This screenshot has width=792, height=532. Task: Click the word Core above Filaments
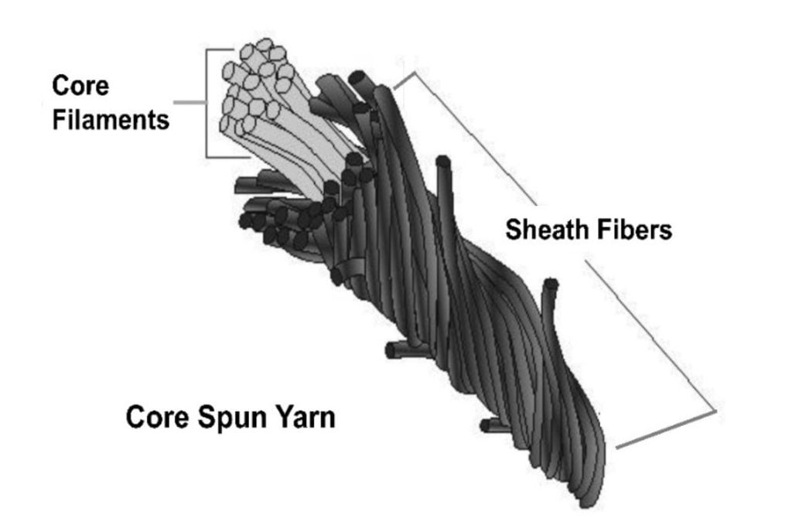[x=80, y=85]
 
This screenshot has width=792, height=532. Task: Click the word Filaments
[x=111, y=120]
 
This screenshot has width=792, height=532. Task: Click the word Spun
[x=230, y=418]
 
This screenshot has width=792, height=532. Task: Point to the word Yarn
[x=305, y=418]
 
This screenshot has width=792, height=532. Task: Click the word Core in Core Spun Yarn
[x=157, y=418]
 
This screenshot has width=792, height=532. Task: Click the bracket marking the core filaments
[x=207, y=103]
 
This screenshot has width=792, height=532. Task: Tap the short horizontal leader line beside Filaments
[x=189, y=103]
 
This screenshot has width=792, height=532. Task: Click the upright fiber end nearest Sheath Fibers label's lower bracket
[x=550, y=285]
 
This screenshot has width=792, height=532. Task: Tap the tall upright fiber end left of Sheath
[x=443, y=162]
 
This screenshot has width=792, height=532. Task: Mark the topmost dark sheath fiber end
[x=359, y=78]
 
